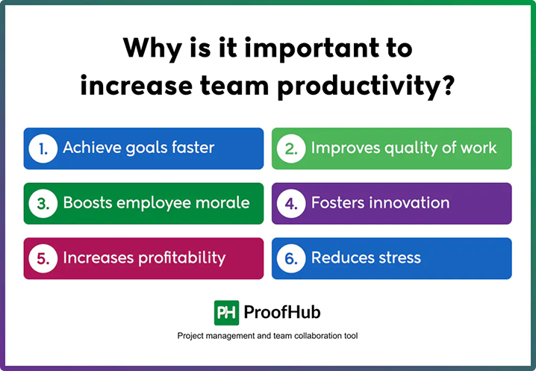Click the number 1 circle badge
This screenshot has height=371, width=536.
pyautogui.click(x=43, y=149)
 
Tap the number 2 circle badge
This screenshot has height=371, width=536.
pyautogui.click(x=291, y=149)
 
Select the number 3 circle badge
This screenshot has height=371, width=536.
pyautogui.click(x=43, y=203)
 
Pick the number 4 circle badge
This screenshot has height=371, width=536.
pyautogui.click(x=291, y=203)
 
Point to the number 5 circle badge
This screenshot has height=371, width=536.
pyautogui.click(x=43, y=258)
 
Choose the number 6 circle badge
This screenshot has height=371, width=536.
pyautogui.click(x=291, y=258)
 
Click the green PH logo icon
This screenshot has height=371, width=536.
pyautogui.click(x=225, y=312)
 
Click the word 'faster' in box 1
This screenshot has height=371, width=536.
pyautogui.click(x=190, y=148)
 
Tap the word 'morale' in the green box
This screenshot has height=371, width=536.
pyautogui.click(x=222, y=203)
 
